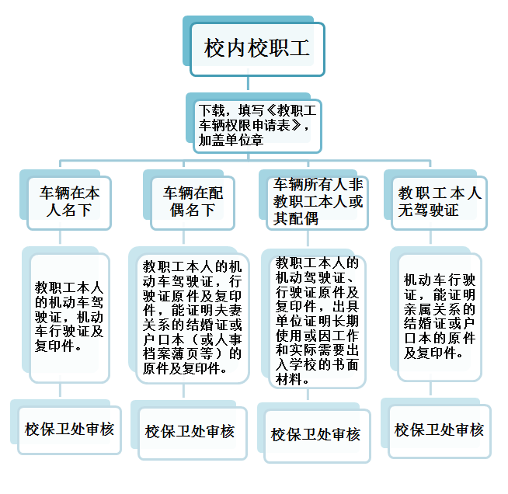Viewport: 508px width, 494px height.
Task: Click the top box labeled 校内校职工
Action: point(258,49)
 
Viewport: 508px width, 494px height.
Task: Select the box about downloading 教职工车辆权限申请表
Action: point(257,126)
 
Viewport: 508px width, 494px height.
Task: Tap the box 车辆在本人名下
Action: point(69,203)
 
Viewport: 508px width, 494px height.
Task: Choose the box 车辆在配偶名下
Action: point(193,203)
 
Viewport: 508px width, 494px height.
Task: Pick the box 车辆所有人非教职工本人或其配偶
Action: point(317,203)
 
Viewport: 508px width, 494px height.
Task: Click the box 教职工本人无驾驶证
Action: point(440,203)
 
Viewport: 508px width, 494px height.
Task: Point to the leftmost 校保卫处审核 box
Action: point(70,430)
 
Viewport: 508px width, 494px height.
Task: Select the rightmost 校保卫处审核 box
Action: point(440,431)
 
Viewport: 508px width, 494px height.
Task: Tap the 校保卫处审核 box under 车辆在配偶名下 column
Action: point(193,433)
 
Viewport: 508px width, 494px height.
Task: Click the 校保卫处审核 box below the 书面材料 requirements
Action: point(317,436)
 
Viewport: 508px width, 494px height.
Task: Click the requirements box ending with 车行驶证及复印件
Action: point(69,318)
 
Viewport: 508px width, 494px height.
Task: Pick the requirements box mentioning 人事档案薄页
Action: point(193,318)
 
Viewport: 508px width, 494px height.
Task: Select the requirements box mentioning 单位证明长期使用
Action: point(317,322)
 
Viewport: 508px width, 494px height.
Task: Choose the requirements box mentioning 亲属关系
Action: point(440,318)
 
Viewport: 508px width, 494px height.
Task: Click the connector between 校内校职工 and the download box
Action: point(248,83)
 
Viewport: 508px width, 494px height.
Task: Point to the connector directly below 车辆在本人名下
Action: point(61,237)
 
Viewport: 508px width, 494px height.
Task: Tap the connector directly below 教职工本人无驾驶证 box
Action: point(430,237)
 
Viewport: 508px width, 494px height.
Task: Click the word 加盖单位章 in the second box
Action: point(231,140)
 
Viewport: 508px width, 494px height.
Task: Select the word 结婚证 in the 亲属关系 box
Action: point(424,323)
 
